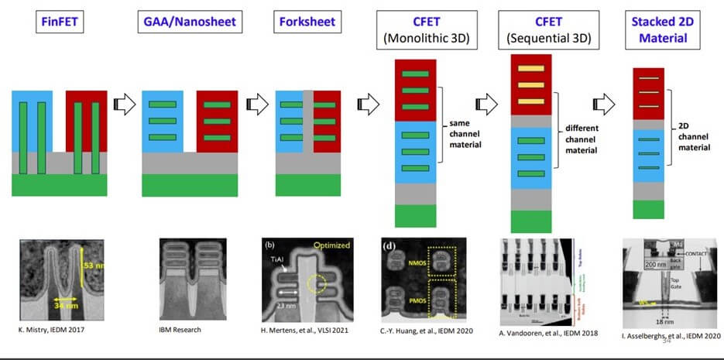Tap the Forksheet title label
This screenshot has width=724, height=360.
tap(307, 21)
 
